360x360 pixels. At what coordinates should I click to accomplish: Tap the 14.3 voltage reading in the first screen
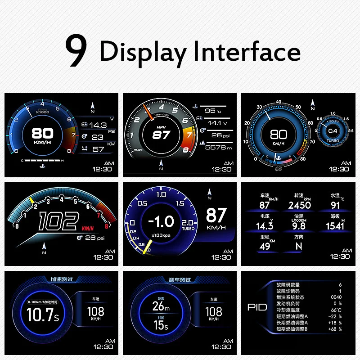pyautogui.click(x=98, y=125)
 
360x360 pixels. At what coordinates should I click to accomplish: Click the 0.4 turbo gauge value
pyautogui.click(x=332, y=131)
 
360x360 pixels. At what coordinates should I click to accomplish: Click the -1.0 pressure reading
pyautogui.click(x=161, y=221)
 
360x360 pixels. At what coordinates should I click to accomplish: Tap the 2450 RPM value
pyautogui.click(x=299, y=205)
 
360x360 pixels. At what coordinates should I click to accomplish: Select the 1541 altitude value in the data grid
pyautogui.click(x=335, y=226)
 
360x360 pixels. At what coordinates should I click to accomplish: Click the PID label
pyautogui.click(x=257, y=307)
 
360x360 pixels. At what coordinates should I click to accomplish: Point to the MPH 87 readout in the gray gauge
pyautogui.click(x=161, y=134)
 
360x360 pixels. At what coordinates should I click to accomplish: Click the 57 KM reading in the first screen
pyautogui.click(x=98, y=149)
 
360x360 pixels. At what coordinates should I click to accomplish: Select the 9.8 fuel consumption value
pyautogui.click(x=299, y=226)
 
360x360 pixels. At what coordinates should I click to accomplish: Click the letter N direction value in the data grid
pyautogui.click(x=299, y=246)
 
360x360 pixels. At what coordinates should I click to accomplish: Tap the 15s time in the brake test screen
pyautogui.click(x=161, y=325)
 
